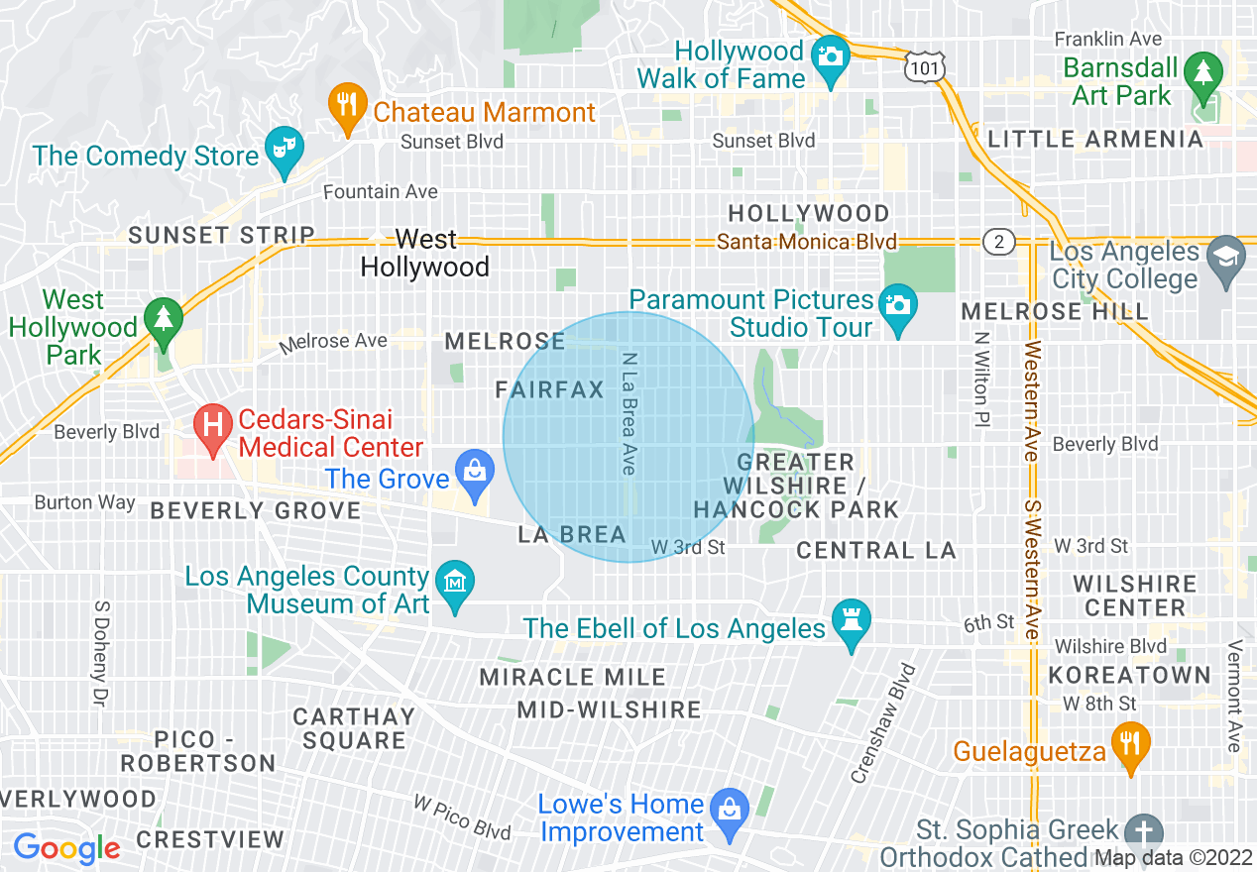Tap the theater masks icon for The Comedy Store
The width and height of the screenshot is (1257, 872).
coord(285,149)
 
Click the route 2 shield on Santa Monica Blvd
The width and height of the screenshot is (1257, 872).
coord(998,241)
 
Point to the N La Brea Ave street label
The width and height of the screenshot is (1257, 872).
coord(628,413)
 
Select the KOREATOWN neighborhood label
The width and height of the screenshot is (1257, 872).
coord(1129,676)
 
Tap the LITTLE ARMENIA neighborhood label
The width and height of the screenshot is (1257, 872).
coord(1095,139)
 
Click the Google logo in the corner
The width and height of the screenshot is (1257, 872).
coord(66,848)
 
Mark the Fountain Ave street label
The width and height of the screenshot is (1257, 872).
coord(381,192)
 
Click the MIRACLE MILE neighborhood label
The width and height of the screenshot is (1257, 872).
coord(573,678)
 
